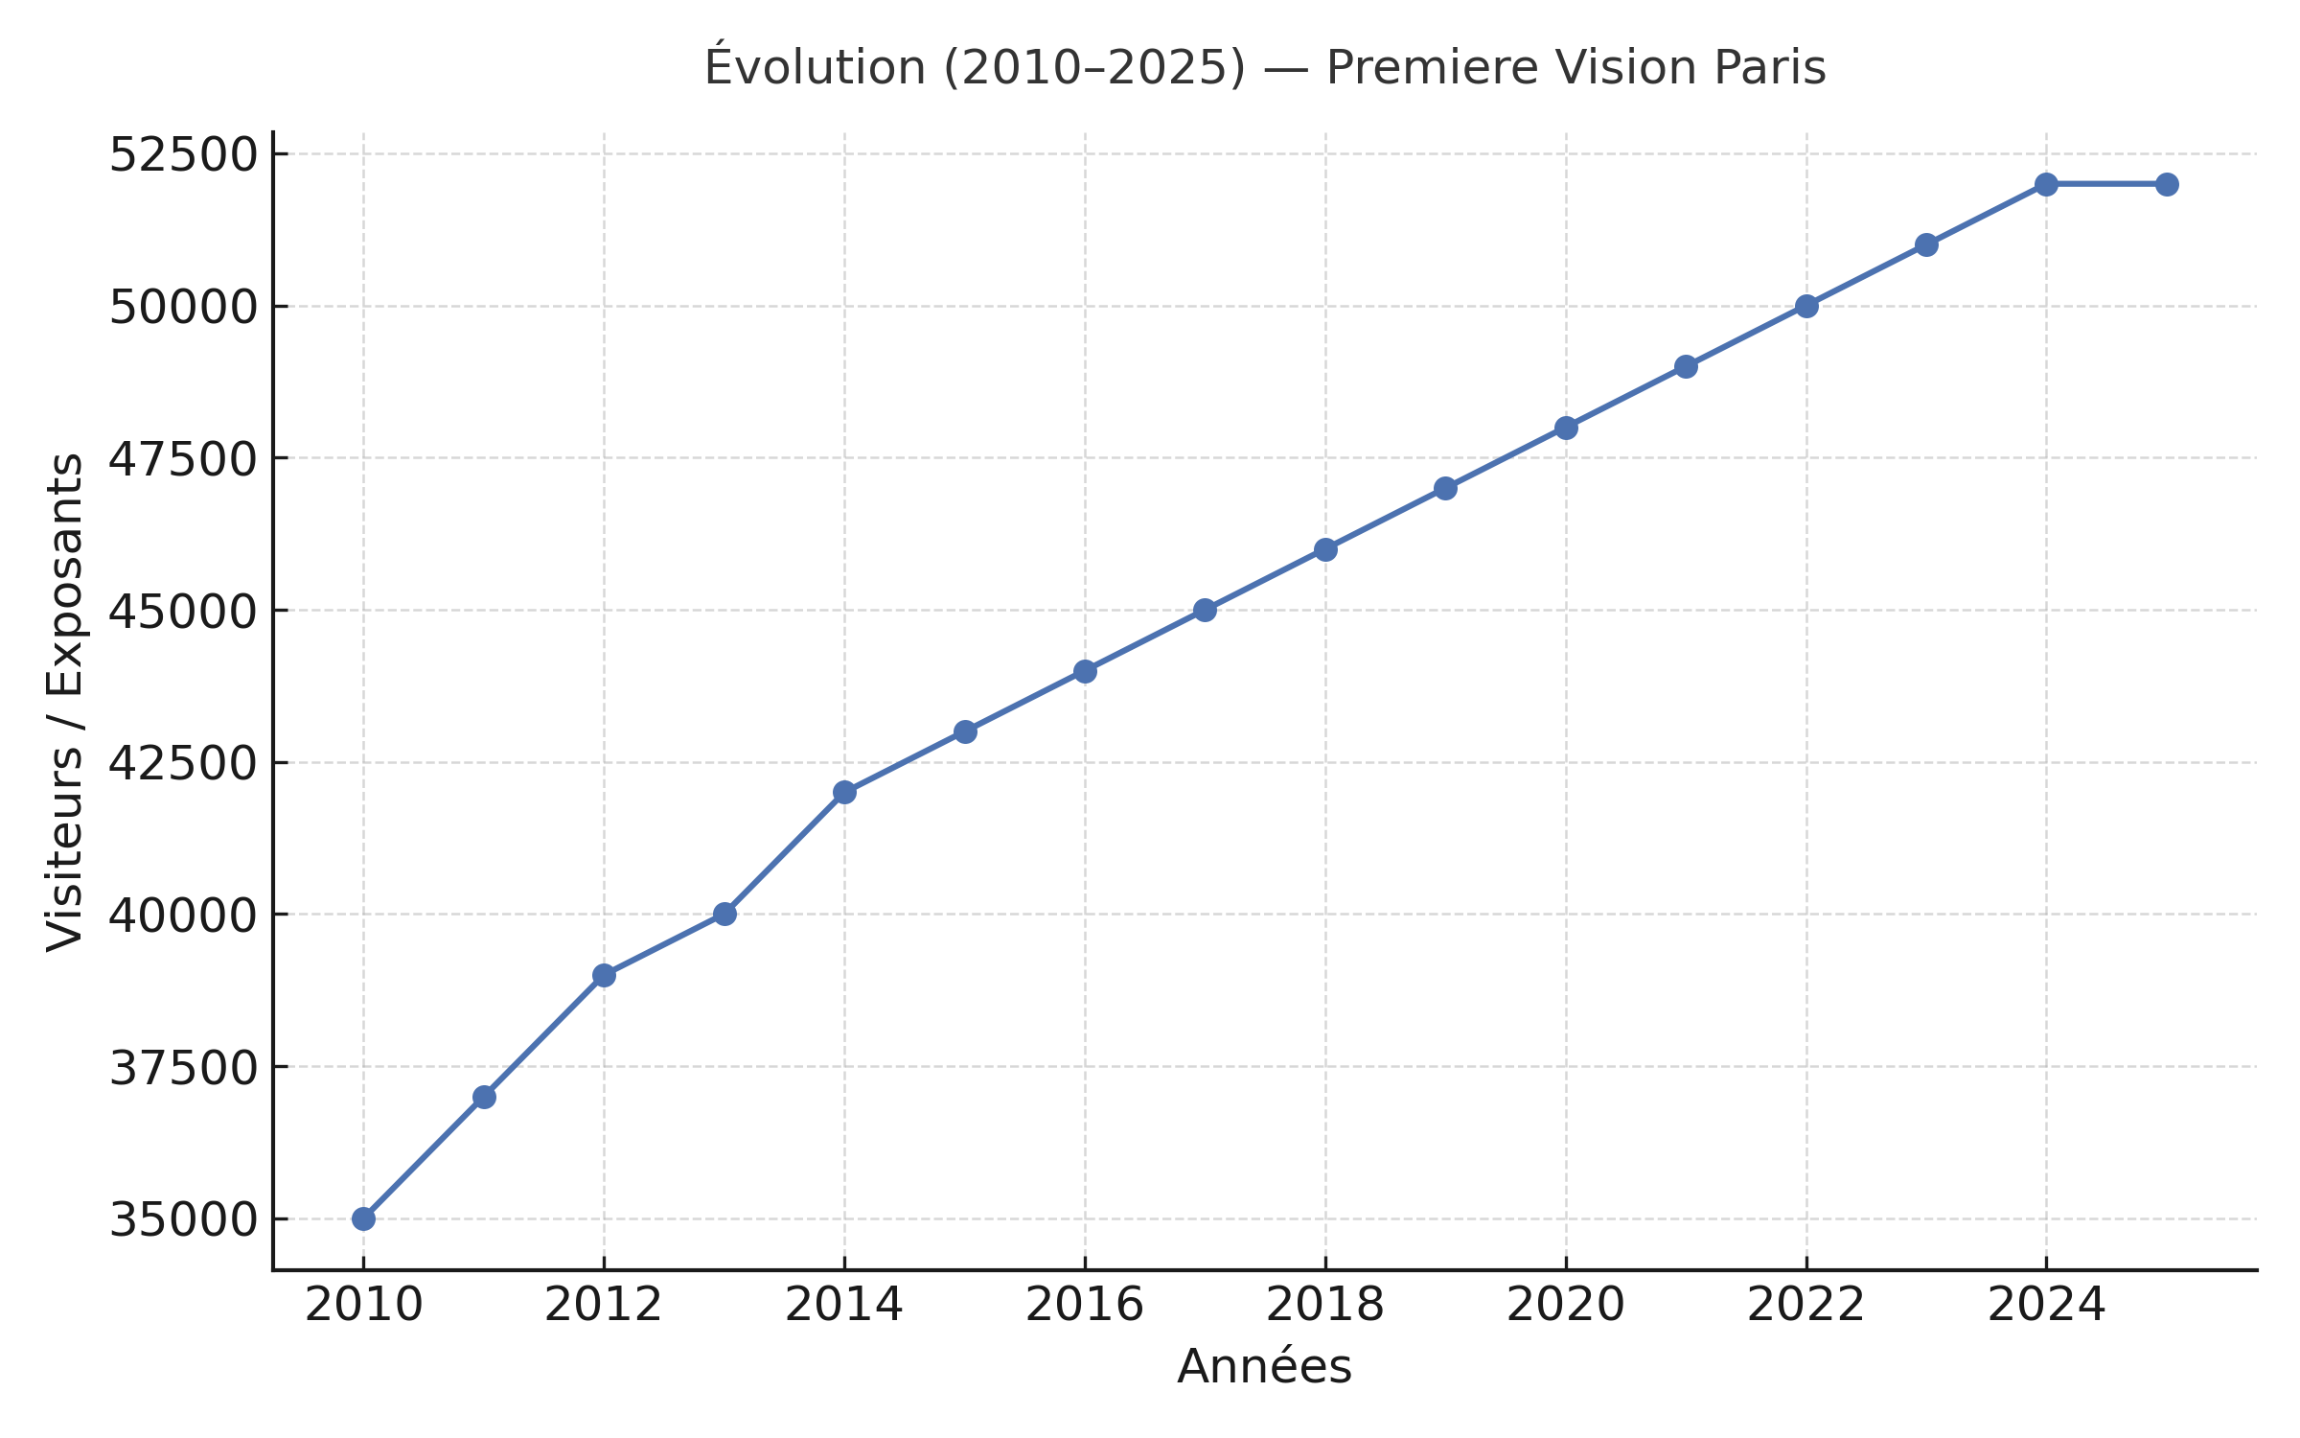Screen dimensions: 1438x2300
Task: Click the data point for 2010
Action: point(363,1218)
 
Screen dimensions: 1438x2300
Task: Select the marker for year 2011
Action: point(484,1097)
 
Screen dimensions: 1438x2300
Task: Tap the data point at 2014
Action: point(844,792)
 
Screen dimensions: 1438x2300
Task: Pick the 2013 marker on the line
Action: point(724,914)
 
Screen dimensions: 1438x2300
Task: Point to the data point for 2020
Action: point(1566,428)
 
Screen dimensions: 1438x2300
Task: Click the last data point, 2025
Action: point(2167,184)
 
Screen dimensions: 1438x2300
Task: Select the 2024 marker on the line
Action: point(2046,184)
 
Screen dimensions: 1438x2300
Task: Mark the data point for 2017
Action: point(1205,610)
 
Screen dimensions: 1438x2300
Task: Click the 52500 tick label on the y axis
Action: point(183,155)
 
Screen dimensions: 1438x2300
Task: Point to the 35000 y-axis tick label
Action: point(183,1220)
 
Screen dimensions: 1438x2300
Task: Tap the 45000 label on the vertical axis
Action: point(183,612)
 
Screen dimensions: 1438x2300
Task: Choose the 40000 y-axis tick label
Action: point(183,916)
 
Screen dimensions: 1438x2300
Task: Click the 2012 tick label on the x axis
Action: point(604,1305)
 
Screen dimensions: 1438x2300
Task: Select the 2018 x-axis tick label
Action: point(1325,1305)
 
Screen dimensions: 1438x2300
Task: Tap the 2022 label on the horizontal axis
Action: point(1806,1305)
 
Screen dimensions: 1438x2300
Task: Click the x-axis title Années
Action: point(1264,1366)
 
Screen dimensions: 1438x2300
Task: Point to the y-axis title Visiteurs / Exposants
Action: point(65,702)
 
